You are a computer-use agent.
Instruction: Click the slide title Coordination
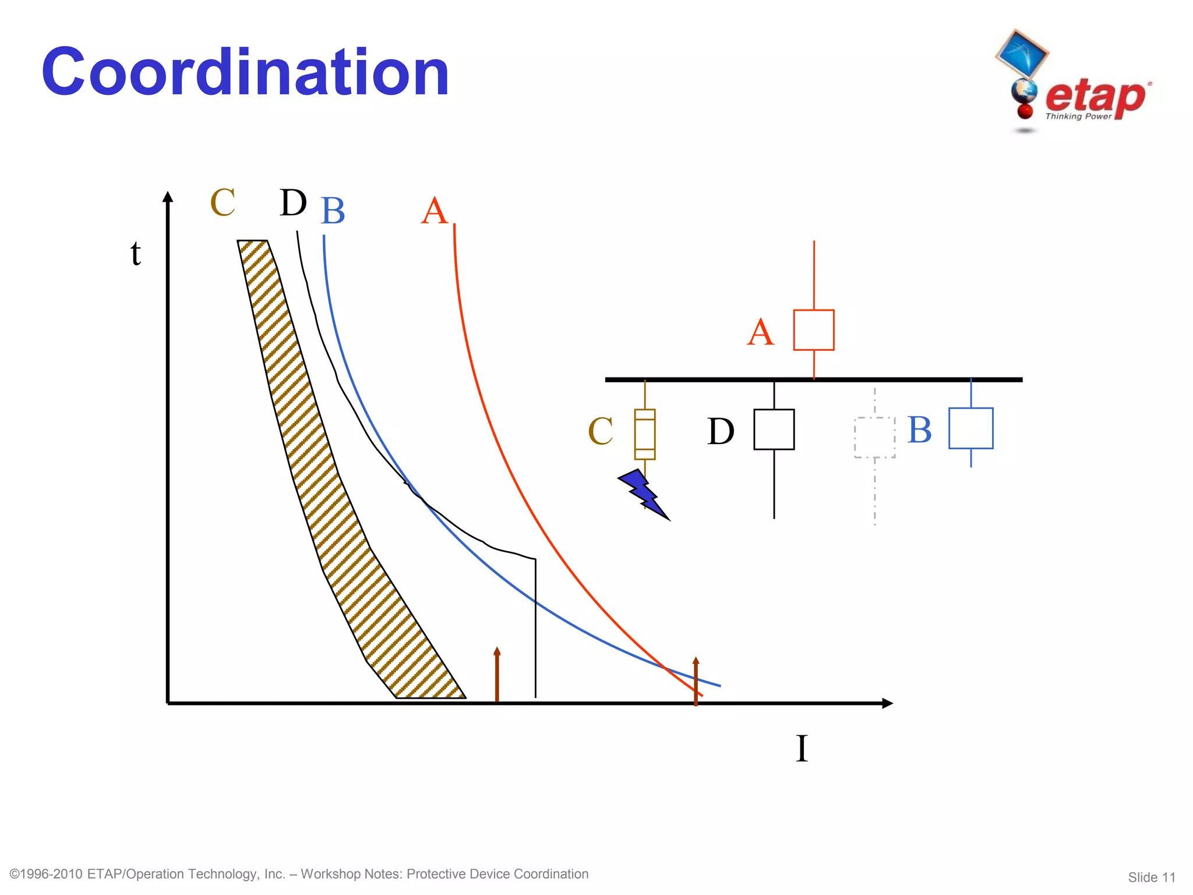click(x=245, y=72)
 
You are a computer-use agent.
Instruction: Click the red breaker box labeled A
click(x=814, y=330)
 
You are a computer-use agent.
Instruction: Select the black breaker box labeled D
click(x=774, y=429)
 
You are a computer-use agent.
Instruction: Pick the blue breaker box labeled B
click(x=970, y=428)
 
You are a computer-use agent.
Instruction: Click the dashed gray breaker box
click(x=874, y=438)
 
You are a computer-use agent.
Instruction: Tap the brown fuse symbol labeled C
click(x=644, y=434)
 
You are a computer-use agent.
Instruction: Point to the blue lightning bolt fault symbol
click(x=643, y=493)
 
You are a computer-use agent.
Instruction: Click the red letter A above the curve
click(x=435, y=211)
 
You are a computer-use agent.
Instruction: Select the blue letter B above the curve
click(x=333, y=211)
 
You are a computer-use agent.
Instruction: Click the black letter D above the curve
click(x=293, y=203)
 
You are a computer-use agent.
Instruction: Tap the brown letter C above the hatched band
click(x=223, y=203)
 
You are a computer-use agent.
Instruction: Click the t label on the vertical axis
click(x=136, y=253)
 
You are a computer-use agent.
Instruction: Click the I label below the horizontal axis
click(x=802, y=748)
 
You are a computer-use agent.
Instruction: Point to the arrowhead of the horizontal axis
click(x=887, y=703)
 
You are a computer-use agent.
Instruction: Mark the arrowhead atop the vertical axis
click(x=168, y=197)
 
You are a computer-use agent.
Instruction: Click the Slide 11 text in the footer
click(x=1151, y=877)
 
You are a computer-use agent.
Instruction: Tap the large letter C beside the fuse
click(x=601, y=431)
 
